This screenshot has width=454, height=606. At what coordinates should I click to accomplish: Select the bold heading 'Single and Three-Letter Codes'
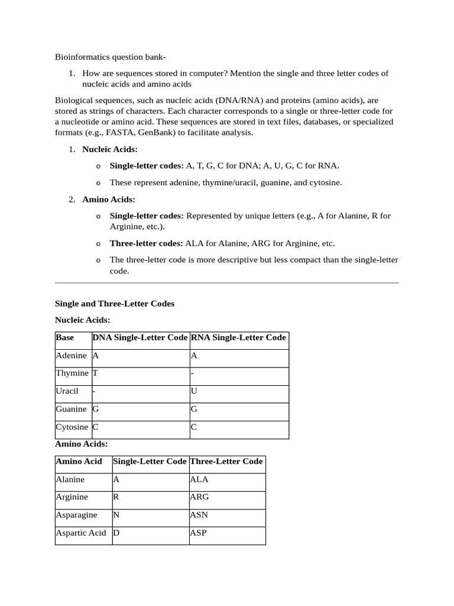click(115, 304)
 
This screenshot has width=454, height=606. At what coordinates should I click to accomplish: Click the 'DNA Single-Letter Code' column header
click(140, 338)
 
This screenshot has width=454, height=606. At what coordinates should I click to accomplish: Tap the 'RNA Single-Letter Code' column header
click(238, 338)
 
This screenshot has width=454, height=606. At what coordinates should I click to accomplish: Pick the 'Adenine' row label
click(71, 356)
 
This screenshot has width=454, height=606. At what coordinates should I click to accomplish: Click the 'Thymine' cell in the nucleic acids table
click(72, 373)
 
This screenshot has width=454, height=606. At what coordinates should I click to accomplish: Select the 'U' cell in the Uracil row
click(193, 391)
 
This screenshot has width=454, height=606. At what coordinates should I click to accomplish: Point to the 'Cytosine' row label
click(72, 427)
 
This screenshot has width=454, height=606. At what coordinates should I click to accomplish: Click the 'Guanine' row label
click(71, 409)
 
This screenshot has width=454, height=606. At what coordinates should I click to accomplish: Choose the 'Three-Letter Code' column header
click(226, 462)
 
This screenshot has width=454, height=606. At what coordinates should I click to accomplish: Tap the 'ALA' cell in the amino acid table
click(199, 479)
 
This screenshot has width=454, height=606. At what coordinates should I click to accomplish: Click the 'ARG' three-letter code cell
click(199, 497)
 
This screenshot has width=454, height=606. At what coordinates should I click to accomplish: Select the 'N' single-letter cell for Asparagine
click(116, 515)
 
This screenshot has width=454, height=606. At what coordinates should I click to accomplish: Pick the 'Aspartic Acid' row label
click(81, 533)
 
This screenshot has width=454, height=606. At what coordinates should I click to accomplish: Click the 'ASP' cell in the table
click(198, 533)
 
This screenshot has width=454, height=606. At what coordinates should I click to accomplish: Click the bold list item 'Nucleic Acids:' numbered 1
click(110, 150)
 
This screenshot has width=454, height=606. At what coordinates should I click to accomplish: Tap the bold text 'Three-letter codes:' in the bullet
click(147, 243)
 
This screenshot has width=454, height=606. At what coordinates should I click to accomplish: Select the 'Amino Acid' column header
click(79, 462)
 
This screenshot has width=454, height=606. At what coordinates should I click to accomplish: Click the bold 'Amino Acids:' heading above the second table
click(82, 443)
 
